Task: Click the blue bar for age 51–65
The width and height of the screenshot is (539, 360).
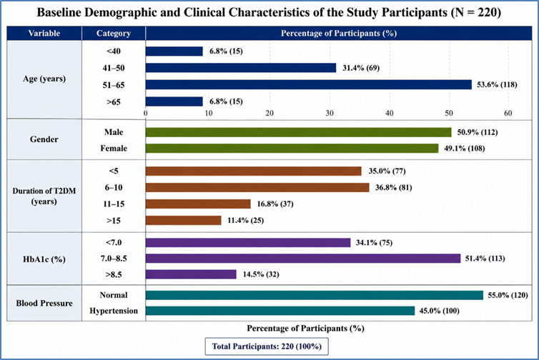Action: point(309,84)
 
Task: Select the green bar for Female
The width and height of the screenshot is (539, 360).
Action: point(292,149)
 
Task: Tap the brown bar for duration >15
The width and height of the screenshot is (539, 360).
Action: point(184,221)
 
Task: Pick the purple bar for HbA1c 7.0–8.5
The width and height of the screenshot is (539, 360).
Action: point(303,259)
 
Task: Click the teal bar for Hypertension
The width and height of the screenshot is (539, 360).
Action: point(280,311)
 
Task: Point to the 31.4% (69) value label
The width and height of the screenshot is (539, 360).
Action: point(361,68)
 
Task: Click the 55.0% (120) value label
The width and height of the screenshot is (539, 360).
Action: point(508,295)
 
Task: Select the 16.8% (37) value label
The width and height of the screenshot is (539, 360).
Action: point(275,204)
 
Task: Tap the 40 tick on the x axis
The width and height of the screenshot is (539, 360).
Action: point(389,113)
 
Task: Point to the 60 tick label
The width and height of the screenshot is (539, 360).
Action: point(508,113)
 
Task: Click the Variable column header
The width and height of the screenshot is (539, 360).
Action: point(44,34)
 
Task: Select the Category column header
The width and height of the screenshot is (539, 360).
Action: point(114,34)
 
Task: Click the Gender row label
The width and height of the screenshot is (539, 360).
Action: point(44,139)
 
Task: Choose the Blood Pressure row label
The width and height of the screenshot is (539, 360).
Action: point(44,304)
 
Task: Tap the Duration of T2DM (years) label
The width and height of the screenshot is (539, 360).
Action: point(44,196)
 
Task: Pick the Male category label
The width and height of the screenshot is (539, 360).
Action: point(114,132)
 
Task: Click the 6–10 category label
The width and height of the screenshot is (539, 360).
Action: point(114,188)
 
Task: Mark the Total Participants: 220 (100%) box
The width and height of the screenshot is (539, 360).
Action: point(267,346)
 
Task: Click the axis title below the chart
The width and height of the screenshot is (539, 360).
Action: point(305,329)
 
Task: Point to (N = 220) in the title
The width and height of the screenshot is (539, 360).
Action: point(476,12)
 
